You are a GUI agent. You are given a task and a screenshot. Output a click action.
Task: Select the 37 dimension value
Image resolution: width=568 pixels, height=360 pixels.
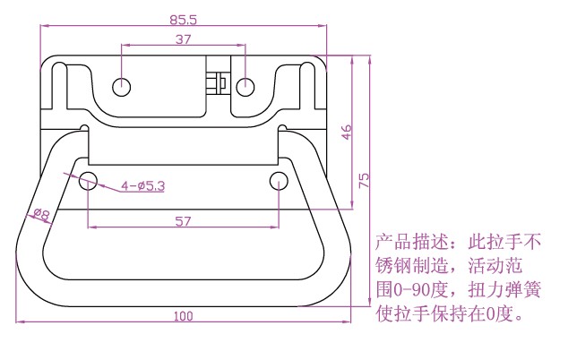(183, 39)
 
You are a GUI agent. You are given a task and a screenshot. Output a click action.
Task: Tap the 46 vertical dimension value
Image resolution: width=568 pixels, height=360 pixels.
(347, 131)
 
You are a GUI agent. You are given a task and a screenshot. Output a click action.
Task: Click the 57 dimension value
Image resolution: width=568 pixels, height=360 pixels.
(183, 221)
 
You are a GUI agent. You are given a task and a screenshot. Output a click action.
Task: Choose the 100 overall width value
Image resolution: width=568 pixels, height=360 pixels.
(183, 315)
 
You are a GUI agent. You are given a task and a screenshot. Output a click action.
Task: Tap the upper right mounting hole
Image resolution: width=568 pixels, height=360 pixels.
(245, 87)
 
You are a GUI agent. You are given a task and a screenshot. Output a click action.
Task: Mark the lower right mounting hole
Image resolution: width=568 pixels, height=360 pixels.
(278, 182)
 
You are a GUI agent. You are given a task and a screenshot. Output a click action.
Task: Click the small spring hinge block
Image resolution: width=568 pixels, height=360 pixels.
(214, 82)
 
